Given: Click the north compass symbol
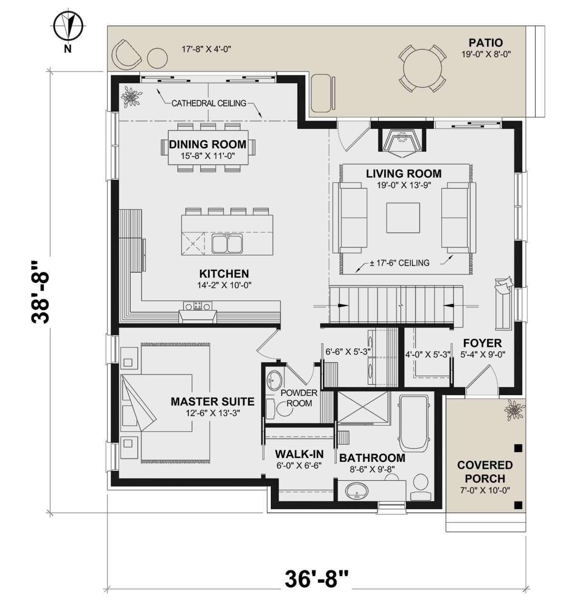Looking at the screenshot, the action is (x=68, y=26).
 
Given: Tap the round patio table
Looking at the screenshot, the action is (x=422, y=69).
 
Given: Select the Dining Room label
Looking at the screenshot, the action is (x=207, y=144).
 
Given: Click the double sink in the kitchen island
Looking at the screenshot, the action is (x=227, y=244).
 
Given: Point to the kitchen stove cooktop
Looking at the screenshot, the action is (x=197, y=306).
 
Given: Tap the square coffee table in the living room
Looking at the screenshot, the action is (x=403, y=218).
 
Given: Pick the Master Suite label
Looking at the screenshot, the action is (x=213, y=401).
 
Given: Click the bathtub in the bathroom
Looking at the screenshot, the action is (x=414, y=423).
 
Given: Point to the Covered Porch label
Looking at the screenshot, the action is (x=485, y=472).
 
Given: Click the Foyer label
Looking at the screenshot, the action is (x=482, y=343).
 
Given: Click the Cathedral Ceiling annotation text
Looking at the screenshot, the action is (x=209, y=103).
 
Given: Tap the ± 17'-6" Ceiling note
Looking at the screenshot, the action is (x=399, y=263).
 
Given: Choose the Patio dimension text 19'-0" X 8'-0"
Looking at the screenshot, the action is (x=486, y=54).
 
